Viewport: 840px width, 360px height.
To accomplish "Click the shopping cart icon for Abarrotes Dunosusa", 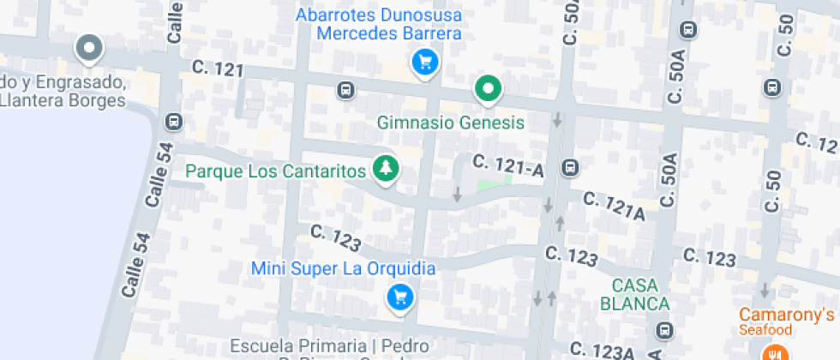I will [424, 62].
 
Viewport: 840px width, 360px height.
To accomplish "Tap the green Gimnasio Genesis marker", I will [489, 87].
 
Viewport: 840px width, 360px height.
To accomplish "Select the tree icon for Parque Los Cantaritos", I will [386, 168].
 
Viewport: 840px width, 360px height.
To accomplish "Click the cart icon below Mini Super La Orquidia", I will [399, 297].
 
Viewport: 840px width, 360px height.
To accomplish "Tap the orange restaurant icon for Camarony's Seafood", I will [775, 351].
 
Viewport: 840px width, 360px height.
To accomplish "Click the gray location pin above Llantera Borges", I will [88, 49].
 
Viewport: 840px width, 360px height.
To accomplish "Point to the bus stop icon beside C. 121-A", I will [568, 167].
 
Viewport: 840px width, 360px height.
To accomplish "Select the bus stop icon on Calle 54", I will [174, 122].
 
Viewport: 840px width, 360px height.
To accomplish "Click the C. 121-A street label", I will [508, 165].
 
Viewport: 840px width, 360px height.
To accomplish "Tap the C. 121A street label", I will [613, 207].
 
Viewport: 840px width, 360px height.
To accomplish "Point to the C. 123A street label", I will [603, 351].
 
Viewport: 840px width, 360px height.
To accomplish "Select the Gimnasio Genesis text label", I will [450, 123].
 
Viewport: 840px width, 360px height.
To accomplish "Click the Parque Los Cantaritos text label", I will [276, 171].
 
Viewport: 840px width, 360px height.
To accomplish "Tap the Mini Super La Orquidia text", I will [343, 268].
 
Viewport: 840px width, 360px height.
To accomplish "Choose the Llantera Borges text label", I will [63, 99].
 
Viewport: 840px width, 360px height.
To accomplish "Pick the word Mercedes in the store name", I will [351, 33].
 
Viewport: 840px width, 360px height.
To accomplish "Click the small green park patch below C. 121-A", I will [493, 182].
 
